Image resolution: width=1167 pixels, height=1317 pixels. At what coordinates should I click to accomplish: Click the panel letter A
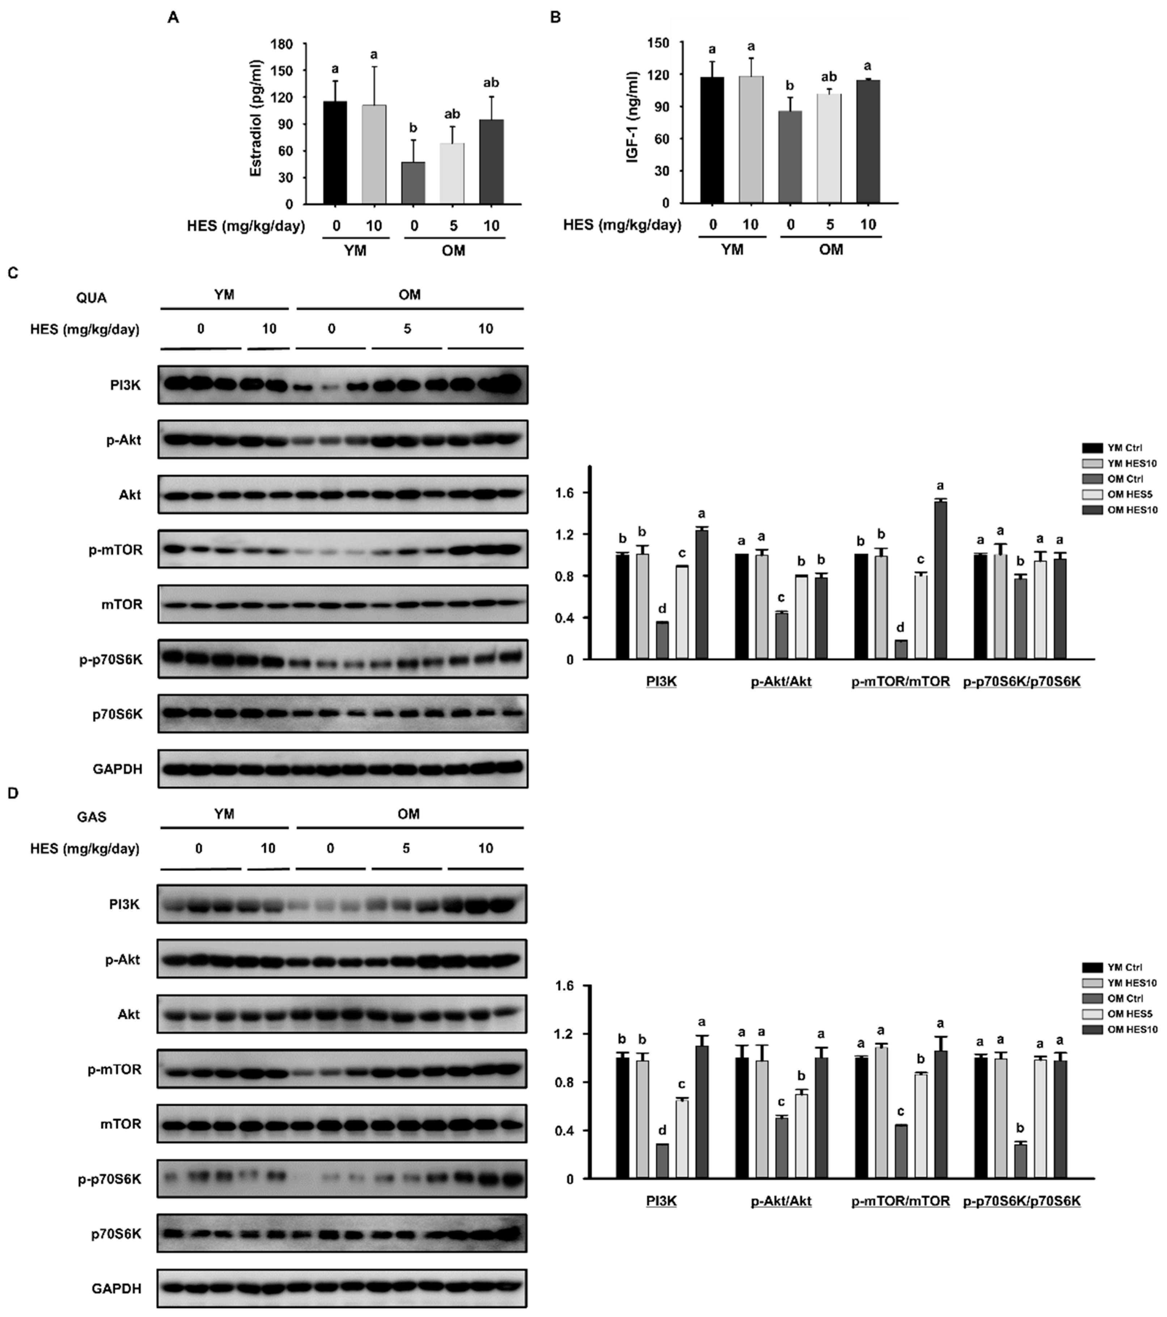pos(173,18)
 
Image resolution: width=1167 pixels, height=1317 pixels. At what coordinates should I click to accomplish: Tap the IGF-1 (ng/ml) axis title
pos(634,117)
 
